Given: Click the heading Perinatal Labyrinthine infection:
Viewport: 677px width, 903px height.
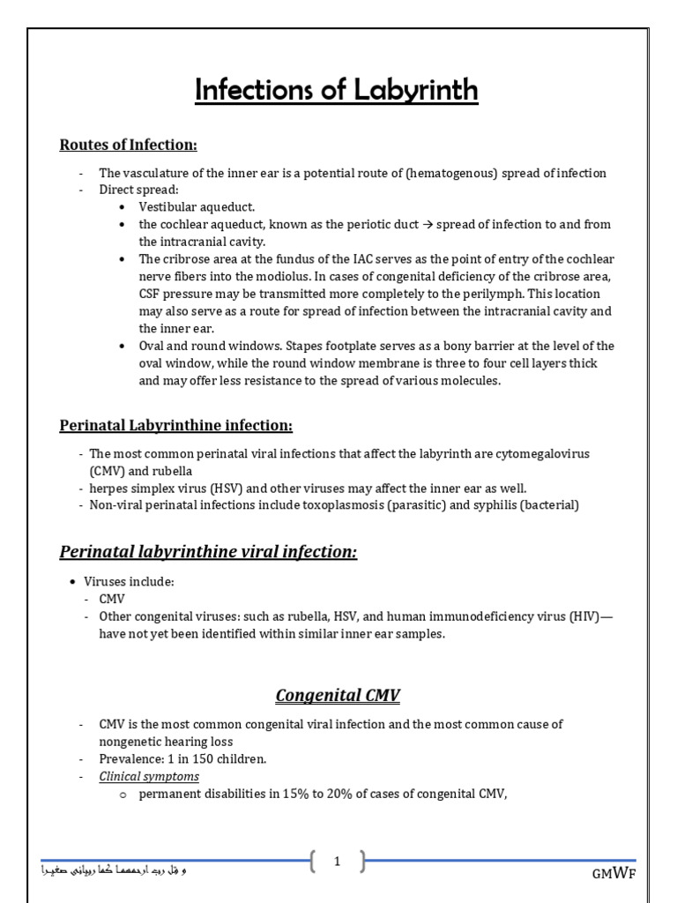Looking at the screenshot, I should (x=175, y=426).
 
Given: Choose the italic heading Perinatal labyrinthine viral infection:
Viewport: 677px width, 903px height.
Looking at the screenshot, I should (x=208, y=553).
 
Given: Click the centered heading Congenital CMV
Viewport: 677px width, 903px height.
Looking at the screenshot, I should (x=338, y=696).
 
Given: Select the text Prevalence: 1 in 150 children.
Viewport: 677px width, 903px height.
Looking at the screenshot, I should (x=182, y=758).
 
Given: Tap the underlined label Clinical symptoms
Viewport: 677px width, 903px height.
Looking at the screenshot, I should (x=149, y=776).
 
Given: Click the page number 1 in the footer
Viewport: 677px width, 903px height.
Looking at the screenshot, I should (x=337, y=862).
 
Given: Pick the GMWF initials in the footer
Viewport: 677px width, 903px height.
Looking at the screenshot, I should (x=614, y=873).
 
